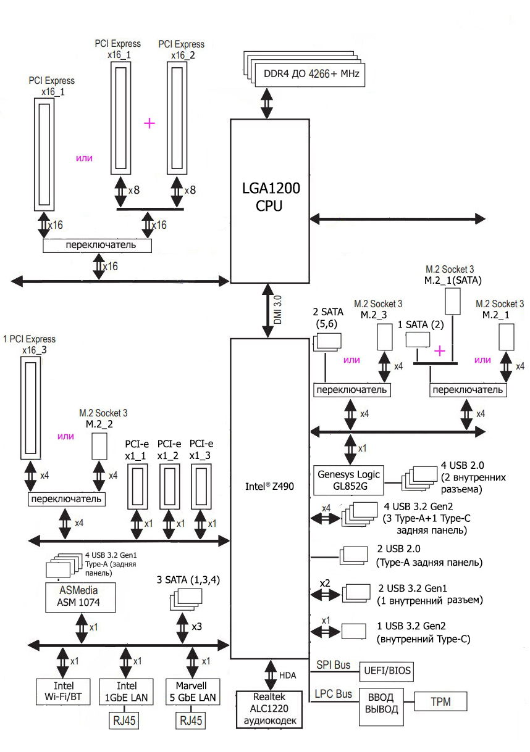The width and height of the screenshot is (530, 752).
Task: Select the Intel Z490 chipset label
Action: coord(269,486)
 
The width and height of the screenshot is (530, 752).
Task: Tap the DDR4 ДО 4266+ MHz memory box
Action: coord(311,73)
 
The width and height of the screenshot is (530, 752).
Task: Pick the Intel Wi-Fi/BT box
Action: coord(64,692)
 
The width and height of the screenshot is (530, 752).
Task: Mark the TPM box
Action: coord(440,702)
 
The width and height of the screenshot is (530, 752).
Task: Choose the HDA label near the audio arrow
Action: coord(288,676)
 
